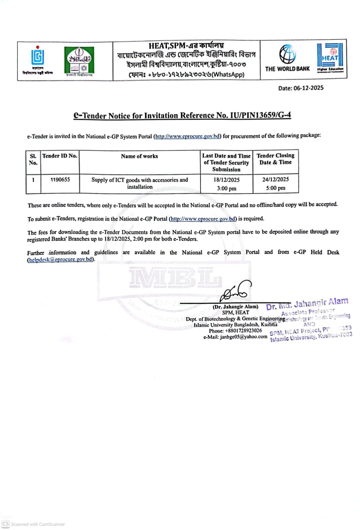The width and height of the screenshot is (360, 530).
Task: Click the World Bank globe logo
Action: pyautogui.click(x=287, y=54)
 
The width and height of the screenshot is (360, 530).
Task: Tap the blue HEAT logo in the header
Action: pyautogui.click(x=330, y=57)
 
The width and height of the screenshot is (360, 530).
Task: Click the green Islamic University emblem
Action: pyautogui.click(x=79, y=60)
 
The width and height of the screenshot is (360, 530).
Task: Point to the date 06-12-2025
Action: pyautogui.click(x=308, y=88)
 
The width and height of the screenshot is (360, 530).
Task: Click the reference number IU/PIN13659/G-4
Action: pyautogui.click(x=260, y=115)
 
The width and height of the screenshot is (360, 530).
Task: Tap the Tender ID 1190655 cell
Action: pyautogui.click(x=60, y=180)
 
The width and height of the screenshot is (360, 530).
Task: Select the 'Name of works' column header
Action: pyautogui.click(x=139, y=156)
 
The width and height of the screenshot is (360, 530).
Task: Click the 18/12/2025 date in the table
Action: pyautogui.click(x=226, y=180)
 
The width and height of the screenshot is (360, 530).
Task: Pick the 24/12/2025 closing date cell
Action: pyautogui.click(x=275, y=179)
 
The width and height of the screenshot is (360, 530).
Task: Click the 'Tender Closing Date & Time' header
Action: pyautogui.click(x=275, y=159)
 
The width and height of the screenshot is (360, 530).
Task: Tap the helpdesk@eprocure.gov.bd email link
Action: pyautogui.click(x=61, y=259)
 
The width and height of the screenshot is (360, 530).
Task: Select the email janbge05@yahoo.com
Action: pyautogui.click(x=244, y=337)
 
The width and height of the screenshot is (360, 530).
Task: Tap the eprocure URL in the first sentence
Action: pyautogui.click(x=188, y=136)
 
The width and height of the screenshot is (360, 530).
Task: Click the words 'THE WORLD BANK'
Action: pyautogui.click(x=287, y=69)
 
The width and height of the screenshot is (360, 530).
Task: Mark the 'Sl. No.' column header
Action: pyautogui.click(x=33, y=159)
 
